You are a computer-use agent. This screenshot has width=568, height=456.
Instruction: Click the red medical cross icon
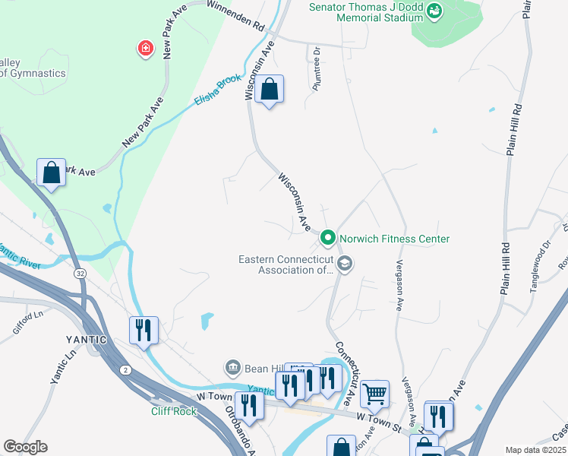144,49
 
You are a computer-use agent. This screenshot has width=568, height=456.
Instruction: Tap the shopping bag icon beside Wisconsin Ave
269,90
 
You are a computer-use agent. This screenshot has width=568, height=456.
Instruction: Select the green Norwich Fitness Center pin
328,239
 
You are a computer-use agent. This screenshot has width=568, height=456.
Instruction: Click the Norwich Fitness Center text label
394,239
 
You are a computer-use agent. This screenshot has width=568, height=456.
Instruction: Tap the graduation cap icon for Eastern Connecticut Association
345,264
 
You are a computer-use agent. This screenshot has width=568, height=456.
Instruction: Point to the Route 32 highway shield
79,273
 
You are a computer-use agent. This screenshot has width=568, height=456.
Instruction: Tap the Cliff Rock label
173,411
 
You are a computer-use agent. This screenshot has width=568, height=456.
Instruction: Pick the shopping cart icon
374,394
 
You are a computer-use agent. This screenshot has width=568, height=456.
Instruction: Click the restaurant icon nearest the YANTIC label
144,330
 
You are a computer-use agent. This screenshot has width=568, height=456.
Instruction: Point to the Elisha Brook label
218,90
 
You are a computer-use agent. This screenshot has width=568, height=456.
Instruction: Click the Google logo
26,447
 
